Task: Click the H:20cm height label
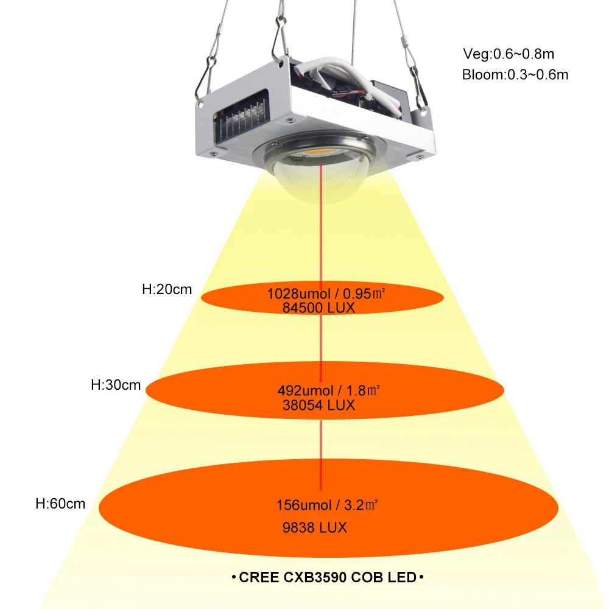click(167, 290)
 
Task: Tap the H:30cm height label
click(116, 385)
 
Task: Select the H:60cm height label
click(60, 504)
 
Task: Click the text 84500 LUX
click(319, 308)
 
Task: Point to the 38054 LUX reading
click(319, 404)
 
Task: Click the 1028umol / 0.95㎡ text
click(325, 294)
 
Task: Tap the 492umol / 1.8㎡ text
click(329, 390)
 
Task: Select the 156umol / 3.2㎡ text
click(328, 505)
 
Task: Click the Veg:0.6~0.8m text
click(508, 54)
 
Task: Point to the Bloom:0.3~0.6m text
click(515, 75)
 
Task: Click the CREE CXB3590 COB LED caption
click(327, 576)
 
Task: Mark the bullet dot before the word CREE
click(234, 576)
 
